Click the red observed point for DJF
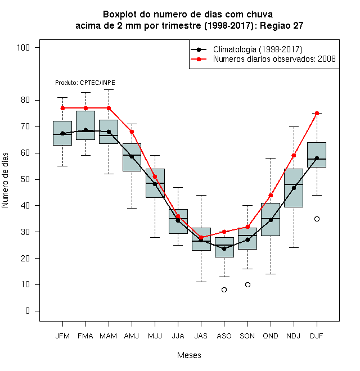(317, 114)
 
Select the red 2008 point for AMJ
(132, 132)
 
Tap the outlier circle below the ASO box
(224, 290)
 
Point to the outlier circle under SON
(247, 284)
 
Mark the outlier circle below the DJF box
(317, 219)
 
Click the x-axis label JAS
(201, 336)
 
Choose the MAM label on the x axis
(109, 336)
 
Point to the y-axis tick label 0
(28, 311)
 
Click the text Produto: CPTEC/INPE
(85, 83)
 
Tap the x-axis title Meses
(189, 355)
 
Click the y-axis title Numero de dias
(5, 180)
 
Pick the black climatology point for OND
(271, 220)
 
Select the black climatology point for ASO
(224, 248)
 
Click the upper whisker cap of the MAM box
(109, 90)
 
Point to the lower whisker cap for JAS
(201, 282)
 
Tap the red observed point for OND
(271, 196)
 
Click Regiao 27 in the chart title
(282, 25)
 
